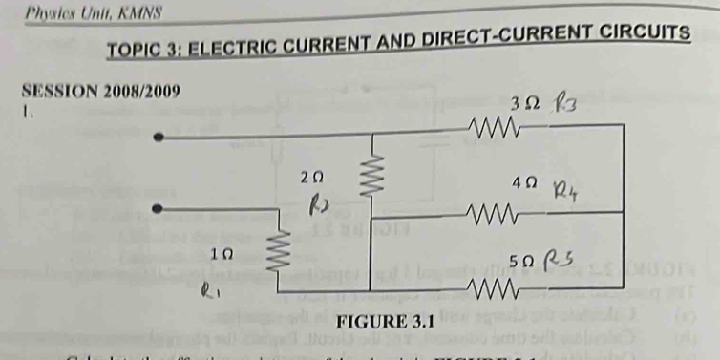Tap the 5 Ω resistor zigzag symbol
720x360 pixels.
tap(498, 287)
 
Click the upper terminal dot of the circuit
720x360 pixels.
tap(160, 138)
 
